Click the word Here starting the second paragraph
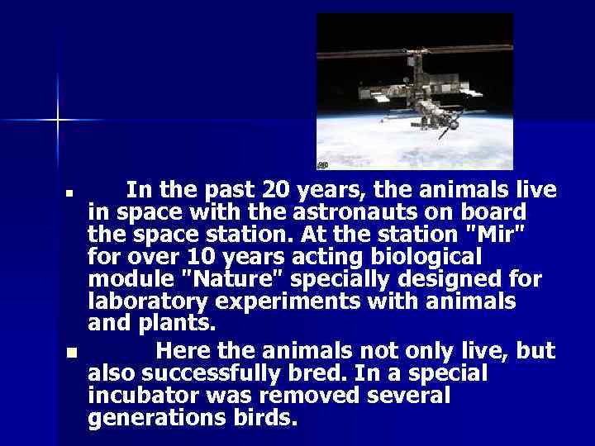click(x=183, y=351)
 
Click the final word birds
click(x=264, y=418)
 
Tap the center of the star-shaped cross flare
click(x=58, y=121)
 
